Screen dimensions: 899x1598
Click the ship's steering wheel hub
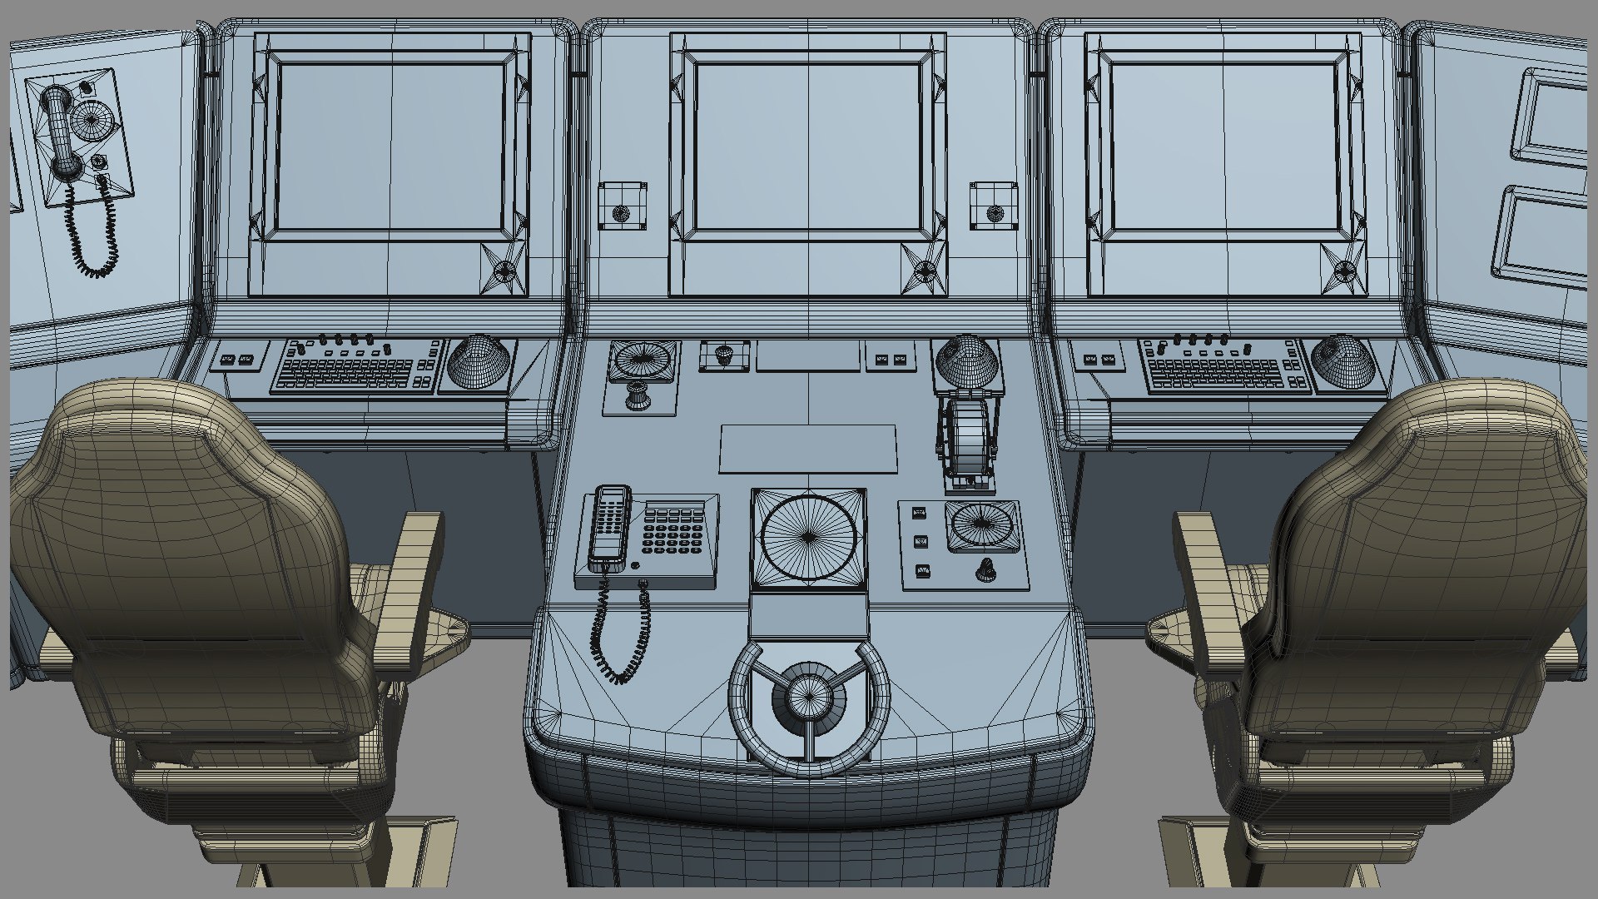806,693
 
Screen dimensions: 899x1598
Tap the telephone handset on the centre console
608,524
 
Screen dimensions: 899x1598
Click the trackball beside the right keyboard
1341,358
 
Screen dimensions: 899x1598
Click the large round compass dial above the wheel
807,537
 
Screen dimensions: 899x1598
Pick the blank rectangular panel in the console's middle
807,449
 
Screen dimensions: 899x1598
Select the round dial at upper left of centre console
641,361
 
